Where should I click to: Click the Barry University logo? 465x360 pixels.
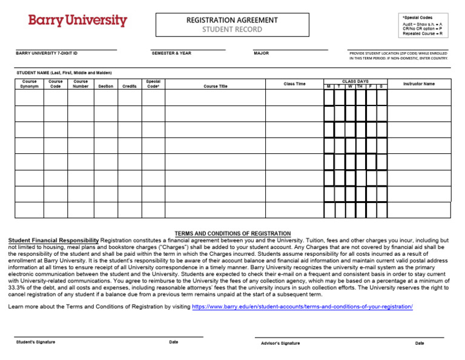coord(77,21)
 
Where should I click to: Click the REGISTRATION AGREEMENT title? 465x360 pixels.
coord(232,20)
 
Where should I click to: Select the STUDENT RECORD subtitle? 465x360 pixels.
coord(232,29)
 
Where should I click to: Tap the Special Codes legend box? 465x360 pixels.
coord(422,25)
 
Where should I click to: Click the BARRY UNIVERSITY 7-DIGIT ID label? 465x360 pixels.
coord(47,53)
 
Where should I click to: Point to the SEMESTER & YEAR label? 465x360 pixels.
coord(171,53)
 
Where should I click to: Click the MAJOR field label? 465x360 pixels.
coord(262,53)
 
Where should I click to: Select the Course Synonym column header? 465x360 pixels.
coord(29,84)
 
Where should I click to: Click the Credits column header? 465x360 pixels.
coord(130,86)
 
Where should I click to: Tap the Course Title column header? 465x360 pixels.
coord(216,86)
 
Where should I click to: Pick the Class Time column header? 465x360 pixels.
coord(294,84)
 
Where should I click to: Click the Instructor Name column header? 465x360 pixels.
coord(418,84)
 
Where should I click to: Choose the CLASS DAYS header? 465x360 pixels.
coord(355,81)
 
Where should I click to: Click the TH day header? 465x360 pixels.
coord(360,87)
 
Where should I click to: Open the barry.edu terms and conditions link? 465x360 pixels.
coord(302,307)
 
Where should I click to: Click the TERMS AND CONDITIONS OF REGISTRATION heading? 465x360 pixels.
coord(232,233)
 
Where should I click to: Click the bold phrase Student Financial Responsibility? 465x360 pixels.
coord(53,241)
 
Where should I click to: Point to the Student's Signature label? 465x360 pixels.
coord(35,342)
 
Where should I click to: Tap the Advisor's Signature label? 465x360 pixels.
coord(280,343)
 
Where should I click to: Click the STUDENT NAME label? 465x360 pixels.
coord(64,73)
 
